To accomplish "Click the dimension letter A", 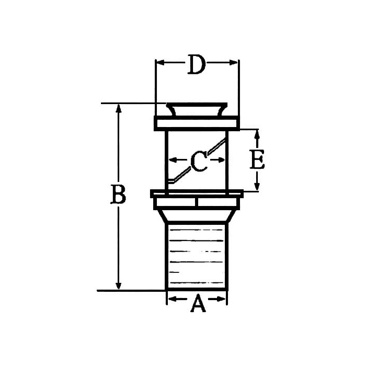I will (x=197, y=303).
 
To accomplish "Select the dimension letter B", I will (x=119, y=196).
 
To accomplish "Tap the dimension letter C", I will (x=198, y=162).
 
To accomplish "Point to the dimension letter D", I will (x=197, y=66).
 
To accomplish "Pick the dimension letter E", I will (x=257, y=160).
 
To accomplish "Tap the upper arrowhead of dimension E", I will (x=257, y=134).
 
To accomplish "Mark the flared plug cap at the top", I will (x=197, y=110).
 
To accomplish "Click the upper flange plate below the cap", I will (x=197, y=124).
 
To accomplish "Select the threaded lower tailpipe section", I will (x=197, y=256).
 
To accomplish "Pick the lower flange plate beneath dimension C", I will (x=197, y=194).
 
